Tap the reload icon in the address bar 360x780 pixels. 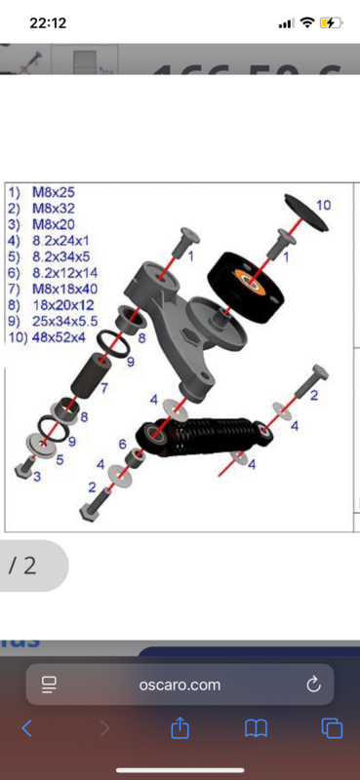tap(314, 684)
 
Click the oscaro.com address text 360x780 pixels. tap(180, 685)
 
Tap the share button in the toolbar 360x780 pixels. tap(180, 727)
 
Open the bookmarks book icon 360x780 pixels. tap(256, 728)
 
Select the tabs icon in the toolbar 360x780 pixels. tap(331, 728)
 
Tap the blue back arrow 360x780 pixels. tap(27, 728)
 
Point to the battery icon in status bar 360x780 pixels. tap(332, 22)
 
